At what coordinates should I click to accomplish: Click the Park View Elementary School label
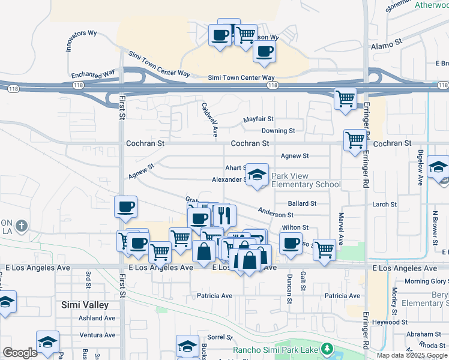point(306,180)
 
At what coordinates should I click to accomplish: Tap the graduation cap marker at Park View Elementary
point(257,175)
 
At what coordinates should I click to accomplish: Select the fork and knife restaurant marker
point(224,215)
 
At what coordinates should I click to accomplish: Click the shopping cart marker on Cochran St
point(355,140)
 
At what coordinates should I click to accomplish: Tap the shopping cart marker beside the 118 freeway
point(345,98)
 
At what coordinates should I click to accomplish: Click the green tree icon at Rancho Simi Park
point(327,349)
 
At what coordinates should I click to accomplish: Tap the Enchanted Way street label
point(93,75)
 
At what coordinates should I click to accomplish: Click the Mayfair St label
point(258,119)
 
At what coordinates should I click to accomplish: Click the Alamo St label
point(386,44)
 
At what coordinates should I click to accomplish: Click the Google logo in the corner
point(20,353)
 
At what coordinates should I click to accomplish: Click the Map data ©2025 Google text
point(412,355)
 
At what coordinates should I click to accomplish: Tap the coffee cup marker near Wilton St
point(291,243)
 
